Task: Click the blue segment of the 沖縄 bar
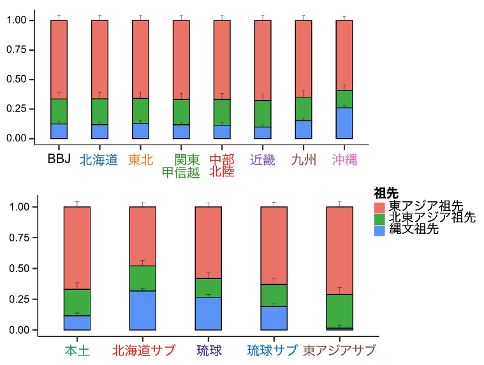[x=344, y=123]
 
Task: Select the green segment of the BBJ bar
[x=59, y=111]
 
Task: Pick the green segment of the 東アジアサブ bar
[x=339, y=311]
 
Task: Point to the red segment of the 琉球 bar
[x=208, y=243]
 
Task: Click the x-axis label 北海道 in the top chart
[x=99, y=160]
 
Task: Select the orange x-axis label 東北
[x=140, y=160]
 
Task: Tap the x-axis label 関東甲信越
[x=181, y=166]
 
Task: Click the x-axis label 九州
[x=304, y=160]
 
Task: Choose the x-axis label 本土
[x=77, y=350]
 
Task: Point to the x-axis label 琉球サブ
[x=273, y=350]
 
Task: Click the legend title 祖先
[x=386, y=193]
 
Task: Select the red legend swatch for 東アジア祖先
[x=379, y=206]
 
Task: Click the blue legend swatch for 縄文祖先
[x=379, y=230]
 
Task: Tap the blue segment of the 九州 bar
[x=304, y=129]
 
